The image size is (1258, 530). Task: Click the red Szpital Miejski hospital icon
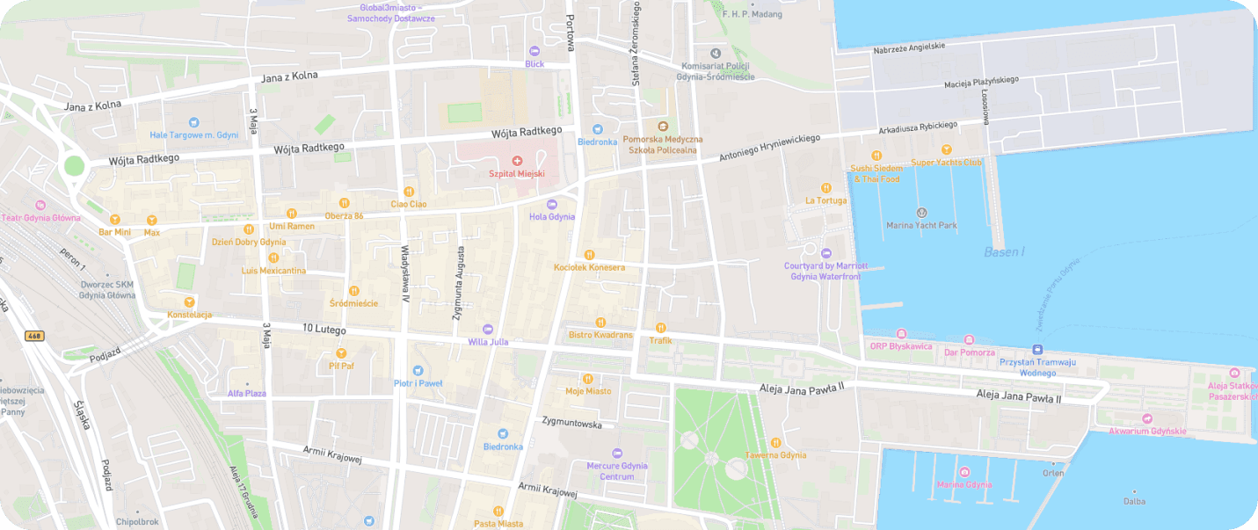517,161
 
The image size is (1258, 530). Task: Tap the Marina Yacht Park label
921,225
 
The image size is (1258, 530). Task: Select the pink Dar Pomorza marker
969,339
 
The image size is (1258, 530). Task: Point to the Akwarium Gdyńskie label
1147,431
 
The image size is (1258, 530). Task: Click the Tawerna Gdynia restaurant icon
775,442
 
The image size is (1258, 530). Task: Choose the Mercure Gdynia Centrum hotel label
616,471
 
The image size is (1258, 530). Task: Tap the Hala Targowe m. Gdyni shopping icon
193,122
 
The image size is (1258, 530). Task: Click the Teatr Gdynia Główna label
40,218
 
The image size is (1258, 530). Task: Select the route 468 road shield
34,336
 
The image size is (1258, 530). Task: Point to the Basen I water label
1004,252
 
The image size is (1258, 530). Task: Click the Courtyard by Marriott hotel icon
825,253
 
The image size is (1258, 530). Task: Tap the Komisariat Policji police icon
715,54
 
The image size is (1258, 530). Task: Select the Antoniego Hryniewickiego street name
769,147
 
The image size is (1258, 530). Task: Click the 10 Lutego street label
324,330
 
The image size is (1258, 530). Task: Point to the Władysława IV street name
405,274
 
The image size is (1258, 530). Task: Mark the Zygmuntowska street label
571,423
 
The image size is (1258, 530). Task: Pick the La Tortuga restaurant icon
825,188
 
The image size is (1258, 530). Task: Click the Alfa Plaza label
247,393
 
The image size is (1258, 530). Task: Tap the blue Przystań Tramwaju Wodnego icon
1037,350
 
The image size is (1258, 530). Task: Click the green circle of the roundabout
74,165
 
